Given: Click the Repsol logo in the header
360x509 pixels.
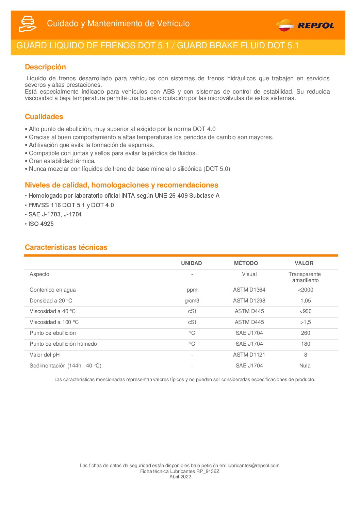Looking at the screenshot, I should click(x=305, y=25).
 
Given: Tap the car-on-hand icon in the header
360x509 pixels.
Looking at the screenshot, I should click(x=28, y=23).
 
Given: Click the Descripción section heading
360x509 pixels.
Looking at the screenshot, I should click(x=45, y=67).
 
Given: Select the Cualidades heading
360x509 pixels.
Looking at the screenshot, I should click(x=44, y=117).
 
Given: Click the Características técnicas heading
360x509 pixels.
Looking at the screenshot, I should click(x=66, y=247).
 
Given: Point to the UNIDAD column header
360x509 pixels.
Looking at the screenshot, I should click(x=191, y=263).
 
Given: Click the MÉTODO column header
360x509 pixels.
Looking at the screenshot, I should click(x=246, y=263).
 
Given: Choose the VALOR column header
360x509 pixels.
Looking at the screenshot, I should click(x=304, y=263).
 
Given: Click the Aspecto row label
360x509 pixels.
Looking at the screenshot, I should click(x=39, y=274).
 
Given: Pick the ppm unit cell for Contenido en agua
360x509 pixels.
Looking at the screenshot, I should click(x=192, y=290).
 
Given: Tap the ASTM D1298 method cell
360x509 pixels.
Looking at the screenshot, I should click(x=249, y=301).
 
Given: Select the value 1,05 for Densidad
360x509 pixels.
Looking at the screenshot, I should click(x=306, y=301).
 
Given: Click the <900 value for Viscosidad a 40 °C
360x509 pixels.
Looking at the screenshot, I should click(x=305, y=311).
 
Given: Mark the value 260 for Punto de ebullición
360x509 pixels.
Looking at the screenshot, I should click(x=306, y=333).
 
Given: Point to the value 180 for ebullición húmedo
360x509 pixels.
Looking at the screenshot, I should click(x=306, y=344).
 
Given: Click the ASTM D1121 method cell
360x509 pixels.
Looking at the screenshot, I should click(x=249, y=355).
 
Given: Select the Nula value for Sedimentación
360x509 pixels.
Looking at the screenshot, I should click(x=305, y=366).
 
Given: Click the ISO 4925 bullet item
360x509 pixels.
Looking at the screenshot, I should click(x=41, y=224).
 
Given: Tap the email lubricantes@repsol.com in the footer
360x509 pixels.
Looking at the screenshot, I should click(x=253, y=465).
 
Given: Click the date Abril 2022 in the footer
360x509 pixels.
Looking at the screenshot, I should click(x=180, y=477).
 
